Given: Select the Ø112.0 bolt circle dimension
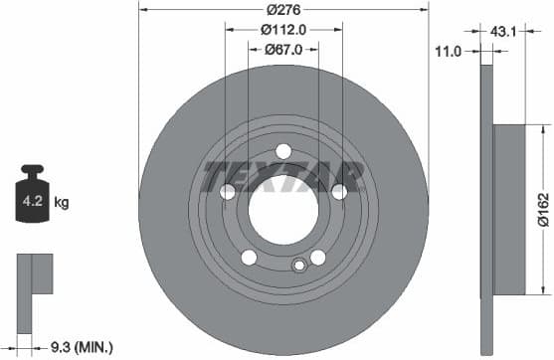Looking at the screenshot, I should [x=282, y=29].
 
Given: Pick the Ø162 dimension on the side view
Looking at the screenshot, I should [x=543, y=210].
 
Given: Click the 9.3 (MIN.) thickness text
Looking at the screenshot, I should [x=82, y=346].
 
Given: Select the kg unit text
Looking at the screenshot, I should [x=62, y=203].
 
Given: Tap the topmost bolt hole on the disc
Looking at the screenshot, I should [x=282, y=150].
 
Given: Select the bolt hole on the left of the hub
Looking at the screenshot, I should [x=227, y=192].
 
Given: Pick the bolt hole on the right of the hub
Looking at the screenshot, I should [x=339, y=192].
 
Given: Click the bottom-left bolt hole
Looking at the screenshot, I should [x=248, y=258].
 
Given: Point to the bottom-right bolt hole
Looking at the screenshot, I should [x=318, y=258].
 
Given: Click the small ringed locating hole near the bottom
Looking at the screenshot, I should [x=297, y=265].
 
